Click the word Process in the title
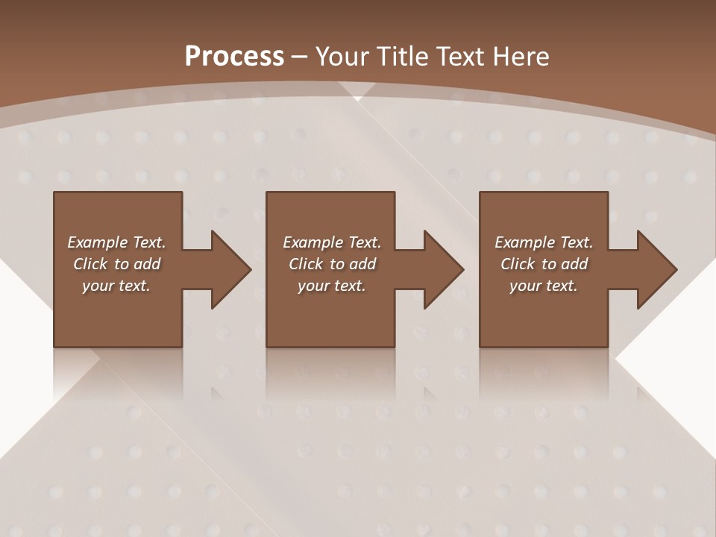coord(234,57)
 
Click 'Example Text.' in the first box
coord(116,242)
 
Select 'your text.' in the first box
coord(116,286)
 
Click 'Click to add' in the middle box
coord(332,264)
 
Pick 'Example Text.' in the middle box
coord(332,242)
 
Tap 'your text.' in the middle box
coord(332,286)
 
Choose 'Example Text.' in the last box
coord(544,242)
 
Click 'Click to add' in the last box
coord(544,264)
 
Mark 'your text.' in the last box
coord(544,286)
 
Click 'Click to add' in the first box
coord(116,264)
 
